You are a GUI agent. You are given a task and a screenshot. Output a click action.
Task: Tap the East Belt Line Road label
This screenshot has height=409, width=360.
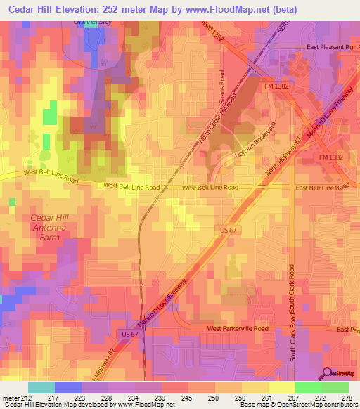click(x=322, y=188)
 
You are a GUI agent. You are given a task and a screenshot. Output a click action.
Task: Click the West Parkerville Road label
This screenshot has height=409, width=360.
click(x=238, y=328)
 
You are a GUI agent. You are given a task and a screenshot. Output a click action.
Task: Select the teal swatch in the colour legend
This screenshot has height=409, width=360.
click(x=41, y=387)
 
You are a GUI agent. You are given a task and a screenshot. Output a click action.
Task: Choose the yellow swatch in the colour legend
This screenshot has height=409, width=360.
click(x=281, y=387)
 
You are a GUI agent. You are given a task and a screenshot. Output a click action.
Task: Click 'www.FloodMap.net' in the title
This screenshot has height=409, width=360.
click(x=231, y=10)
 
